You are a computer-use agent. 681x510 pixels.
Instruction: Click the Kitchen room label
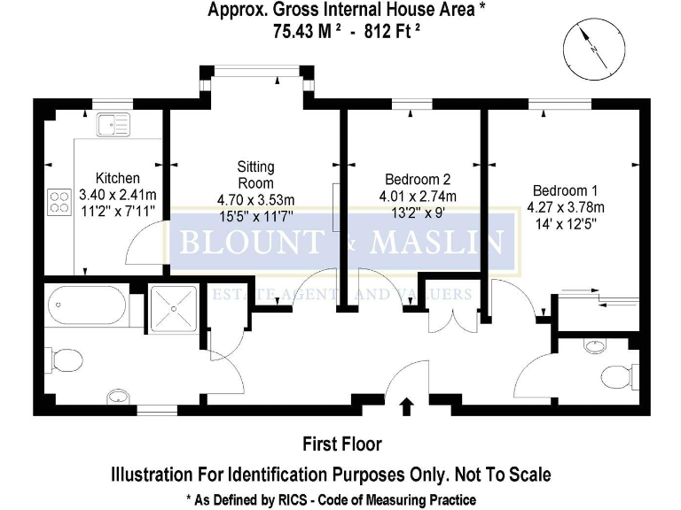pos(118,177)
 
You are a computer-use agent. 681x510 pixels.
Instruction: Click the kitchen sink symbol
pos(113,124)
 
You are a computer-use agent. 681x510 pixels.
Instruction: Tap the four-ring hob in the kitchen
pos(59,202)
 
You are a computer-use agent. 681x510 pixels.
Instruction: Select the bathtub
pos(86,306)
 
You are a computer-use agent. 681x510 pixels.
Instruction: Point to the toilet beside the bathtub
pos(65,360)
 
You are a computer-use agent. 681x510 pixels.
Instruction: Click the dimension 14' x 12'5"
pos(562,224)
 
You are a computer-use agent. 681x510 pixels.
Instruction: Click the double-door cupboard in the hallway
pos(452,316)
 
